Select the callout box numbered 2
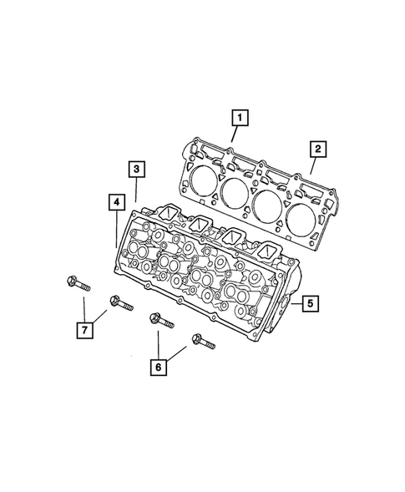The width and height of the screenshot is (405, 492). [317, 150]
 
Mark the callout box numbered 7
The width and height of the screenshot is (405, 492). [84, 330]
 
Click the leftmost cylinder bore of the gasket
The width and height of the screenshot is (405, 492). [201, 180]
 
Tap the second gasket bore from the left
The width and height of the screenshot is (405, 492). [235, 192]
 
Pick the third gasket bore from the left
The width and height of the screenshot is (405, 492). [268, 203]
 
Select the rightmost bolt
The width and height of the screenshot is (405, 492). [204, 342]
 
